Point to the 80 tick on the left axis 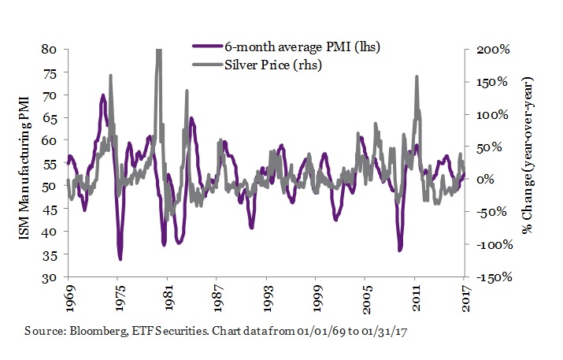(x=48, y=49)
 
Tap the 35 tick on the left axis (x=48, y=254)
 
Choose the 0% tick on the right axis (x=485, y=180)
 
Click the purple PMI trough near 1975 (x=120, y=258)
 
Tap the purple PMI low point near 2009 (x=400, y=250)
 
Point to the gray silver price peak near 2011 (x=417, y=76)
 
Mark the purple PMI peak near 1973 (x=103, y=96)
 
